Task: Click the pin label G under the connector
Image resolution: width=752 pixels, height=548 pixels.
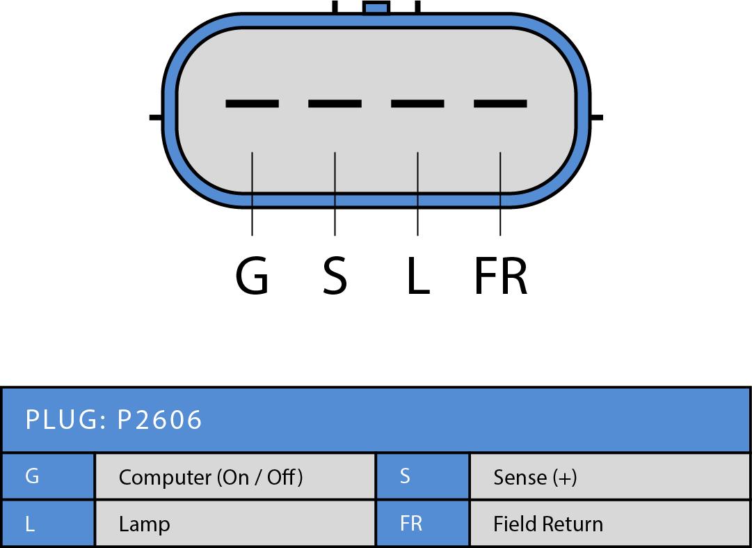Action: (252, 275)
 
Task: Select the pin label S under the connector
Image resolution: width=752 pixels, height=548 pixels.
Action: (335, 275)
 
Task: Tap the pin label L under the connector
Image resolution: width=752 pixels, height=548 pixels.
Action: (417, 275)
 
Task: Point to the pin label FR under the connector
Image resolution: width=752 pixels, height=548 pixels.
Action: (500, 275)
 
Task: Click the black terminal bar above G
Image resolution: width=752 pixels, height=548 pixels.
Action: (252, 104)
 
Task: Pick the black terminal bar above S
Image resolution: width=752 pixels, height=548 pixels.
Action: (335, 104)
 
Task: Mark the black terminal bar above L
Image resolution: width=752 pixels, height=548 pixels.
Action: (417, 104)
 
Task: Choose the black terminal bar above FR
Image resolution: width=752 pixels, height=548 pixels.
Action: (500, 104)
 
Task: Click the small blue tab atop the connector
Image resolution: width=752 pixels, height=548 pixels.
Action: (376, 8)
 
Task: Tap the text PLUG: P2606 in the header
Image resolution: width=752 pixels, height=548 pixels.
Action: (113, 420)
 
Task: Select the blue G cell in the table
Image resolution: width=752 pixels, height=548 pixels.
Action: (47, 476)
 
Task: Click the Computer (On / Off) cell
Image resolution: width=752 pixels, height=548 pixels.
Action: (234, 477)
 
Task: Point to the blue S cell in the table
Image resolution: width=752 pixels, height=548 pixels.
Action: (422, 476)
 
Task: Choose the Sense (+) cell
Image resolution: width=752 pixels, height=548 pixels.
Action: (609, 477)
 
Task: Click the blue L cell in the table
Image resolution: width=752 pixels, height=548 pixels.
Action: (47, 523)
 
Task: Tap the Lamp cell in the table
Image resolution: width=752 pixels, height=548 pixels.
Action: (234, 524)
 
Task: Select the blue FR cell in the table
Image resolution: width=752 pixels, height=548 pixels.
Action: (422, 523)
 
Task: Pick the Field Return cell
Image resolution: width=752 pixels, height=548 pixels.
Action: (609, 524)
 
